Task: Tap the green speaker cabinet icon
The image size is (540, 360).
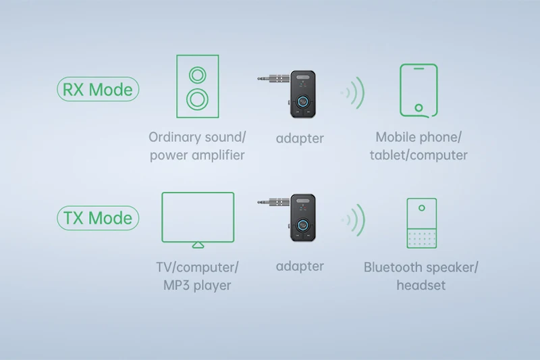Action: [196, 86]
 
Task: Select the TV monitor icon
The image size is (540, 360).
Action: [198, 219]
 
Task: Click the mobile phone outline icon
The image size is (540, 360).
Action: [418, 91]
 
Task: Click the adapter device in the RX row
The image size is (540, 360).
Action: [302, 93]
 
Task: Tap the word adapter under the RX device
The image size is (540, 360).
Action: [300, 138]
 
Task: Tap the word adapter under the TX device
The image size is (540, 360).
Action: [300, 266]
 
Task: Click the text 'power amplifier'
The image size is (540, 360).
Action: [197, 155]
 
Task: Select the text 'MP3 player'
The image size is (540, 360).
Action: [197, 285]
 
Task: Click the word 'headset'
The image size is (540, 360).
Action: [421, 285]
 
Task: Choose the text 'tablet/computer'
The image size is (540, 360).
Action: [418, 155]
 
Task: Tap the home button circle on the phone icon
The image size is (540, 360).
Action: [418, 107]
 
